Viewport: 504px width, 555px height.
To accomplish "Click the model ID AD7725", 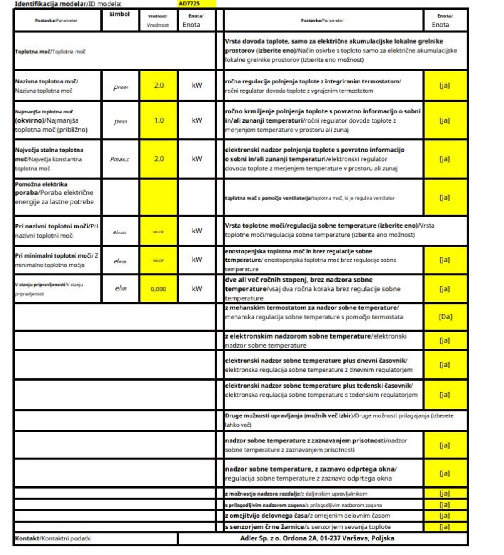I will coord(189,4).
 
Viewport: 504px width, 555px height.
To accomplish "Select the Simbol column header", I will coord(119,14).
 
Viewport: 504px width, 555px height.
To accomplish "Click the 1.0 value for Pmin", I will coord(159,120).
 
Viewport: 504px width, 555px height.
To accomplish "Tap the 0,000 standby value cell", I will coord(158,289).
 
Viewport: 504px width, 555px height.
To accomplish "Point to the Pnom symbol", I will coord(120,87).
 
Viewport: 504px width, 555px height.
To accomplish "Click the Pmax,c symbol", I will coord(120,159).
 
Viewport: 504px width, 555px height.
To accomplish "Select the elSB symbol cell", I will coord(120,288).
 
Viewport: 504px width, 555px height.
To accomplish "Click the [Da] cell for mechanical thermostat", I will coord(445,317).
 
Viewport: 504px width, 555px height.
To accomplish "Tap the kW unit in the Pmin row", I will coord(197,120).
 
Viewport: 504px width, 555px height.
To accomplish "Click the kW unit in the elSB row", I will coord(197,289).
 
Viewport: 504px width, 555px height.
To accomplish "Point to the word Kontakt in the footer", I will coord(27,538).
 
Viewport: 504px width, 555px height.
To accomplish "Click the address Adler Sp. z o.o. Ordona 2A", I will coord(317,538).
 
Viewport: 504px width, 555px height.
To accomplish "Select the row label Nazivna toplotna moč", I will coord(46,81).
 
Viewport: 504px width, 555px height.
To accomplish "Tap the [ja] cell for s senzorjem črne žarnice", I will coord(445,527).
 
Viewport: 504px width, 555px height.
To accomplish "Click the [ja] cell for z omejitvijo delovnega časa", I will coord(445,516).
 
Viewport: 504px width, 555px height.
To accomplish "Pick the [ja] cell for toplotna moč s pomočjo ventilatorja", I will coord(445,198).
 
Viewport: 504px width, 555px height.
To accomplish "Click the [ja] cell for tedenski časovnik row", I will coord(445,394).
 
